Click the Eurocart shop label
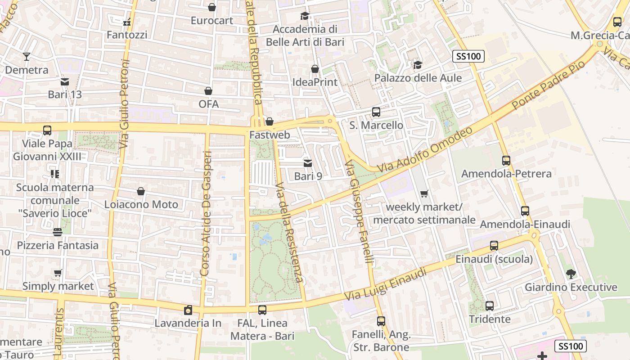click(x=212, y=21)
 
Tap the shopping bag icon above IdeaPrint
click(x=315, y=69)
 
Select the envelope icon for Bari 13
click(x=65, y=81)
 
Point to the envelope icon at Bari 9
click(x=308, y=163)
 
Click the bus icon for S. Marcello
click(x=376, y=112)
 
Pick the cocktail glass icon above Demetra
click(x=27, y=57)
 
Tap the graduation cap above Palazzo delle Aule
click(x=418, y=65)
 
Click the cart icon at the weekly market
click(x=424, y=194)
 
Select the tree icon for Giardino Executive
click(x=571, y=274)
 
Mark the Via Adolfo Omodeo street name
click(x=425, y=149)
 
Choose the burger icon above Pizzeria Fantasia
click(x=58, y=232)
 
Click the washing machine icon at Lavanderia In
click(x=188, y=310)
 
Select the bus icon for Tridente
click(x=490, y=306)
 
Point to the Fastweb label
click(x=270, y=135)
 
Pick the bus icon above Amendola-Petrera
click(x=506, y=160)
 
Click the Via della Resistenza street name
click(x=290, y=233)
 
